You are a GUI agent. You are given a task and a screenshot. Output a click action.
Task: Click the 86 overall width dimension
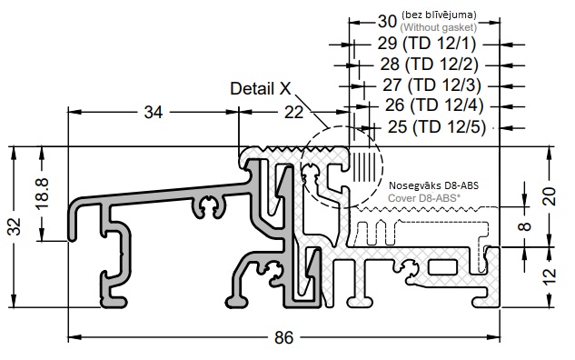tap(284, 337)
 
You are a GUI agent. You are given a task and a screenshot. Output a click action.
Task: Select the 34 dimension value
tap(154, 113)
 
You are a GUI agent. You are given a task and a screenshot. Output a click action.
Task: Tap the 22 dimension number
tap(294, 113)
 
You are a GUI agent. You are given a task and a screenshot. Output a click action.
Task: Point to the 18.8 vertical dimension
tap(42, 194)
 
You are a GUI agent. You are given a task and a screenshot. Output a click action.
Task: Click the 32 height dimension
tap(15, 226)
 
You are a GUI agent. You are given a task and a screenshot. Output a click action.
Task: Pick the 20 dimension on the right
tap(550, 196)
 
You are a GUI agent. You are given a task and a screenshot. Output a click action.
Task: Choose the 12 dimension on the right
tap(550, 277)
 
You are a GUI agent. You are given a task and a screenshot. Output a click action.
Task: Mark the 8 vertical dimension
tap(526, 225)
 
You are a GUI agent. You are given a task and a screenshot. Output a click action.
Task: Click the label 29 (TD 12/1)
tap(427, 44)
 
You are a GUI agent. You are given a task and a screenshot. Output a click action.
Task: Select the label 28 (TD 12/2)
tap(430, 65)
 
